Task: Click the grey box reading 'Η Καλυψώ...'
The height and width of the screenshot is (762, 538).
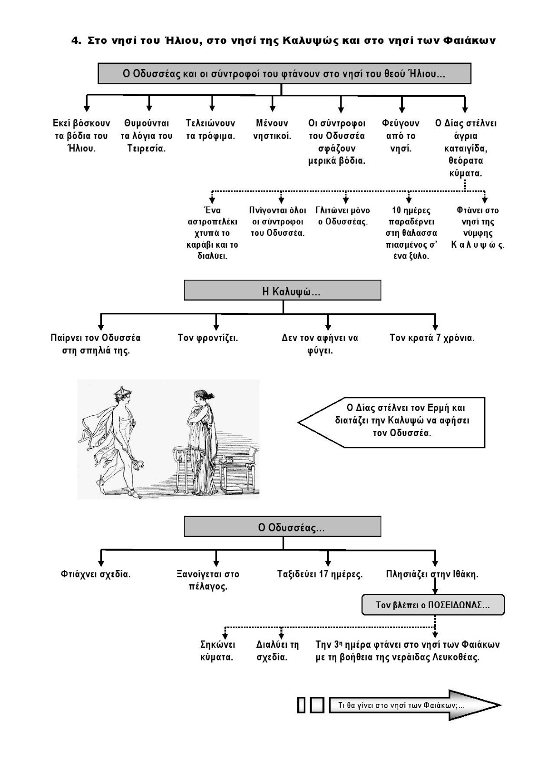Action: (283, 290)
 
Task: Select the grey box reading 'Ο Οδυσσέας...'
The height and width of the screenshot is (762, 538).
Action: (283, 526)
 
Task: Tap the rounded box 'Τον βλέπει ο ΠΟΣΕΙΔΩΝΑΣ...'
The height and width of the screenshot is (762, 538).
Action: (433, 605)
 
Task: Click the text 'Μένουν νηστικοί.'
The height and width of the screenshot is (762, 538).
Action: (272, 129)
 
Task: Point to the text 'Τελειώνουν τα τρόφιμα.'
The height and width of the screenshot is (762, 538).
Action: (211, 129)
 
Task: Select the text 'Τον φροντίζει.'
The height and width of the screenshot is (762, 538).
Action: (208, 338)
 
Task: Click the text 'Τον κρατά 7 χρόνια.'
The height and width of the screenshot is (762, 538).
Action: (432, 338)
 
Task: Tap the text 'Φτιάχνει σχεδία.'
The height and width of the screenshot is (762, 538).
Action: (96, 574)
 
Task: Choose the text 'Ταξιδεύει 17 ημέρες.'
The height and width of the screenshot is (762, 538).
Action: (320, 574)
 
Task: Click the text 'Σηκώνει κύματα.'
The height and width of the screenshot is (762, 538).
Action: (217, 651)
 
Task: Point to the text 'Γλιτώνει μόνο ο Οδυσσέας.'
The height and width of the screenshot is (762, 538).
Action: (343, 216)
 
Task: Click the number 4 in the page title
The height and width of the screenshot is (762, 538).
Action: (76, 40)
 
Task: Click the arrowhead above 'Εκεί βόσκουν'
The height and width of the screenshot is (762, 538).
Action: (87, 109)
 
